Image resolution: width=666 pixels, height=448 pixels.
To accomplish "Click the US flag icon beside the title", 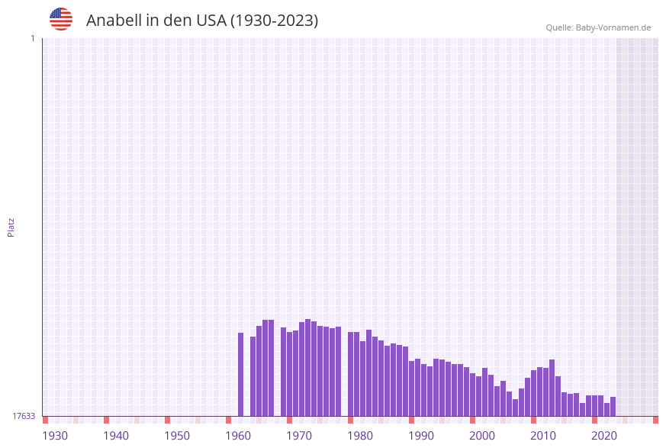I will [x=61, y=19].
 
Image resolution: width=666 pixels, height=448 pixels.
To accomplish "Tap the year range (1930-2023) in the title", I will [x=275, y=21].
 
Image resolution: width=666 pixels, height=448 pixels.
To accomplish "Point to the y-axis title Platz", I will [x=11, y=227].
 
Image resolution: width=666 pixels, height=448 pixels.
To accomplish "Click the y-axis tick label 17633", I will [x=24, y=416].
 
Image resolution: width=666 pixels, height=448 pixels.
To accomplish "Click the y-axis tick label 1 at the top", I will [x=32, y=38].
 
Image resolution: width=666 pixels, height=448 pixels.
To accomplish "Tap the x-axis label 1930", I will [x=55, y=436].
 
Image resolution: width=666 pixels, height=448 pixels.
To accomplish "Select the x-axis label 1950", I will [x=177, y=436].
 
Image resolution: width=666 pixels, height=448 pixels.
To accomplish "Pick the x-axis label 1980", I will [x=360, y=436].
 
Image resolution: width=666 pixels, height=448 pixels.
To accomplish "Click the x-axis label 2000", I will [x=482, y=436].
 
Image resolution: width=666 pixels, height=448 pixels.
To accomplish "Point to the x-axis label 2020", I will [x=604, y=436].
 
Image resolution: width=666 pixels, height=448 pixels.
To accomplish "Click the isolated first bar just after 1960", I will [x=241, y=374].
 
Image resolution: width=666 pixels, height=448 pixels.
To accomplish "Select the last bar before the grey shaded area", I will [x=613, y=407].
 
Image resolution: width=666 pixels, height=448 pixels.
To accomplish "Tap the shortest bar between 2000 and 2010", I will [x=515, y=408].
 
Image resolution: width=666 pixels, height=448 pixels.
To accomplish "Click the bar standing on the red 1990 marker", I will [x=412, y=388].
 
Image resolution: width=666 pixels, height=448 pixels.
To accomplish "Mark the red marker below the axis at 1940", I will [x=107, y=420].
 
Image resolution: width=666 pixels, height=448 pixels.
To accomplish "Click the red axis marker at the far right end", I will [x=655, y=420].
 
